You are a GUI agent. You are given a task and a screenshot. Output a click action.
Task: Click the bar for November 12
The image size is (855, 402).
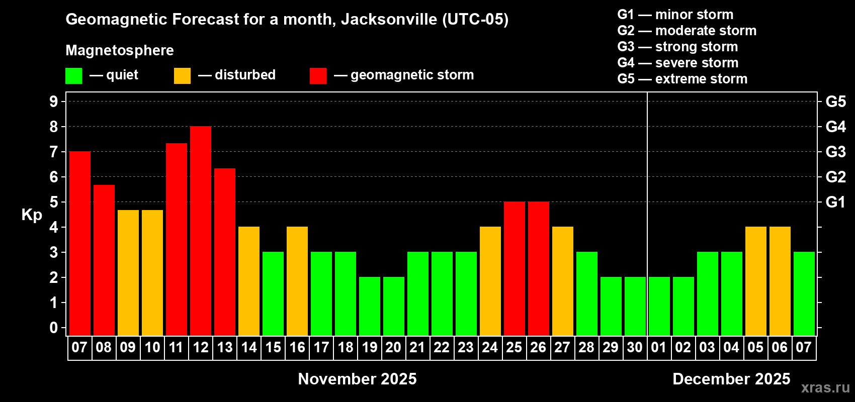[201, 231]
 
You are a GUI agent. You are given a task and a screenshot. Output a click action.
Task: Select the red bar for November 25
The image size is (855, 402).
[515, 269]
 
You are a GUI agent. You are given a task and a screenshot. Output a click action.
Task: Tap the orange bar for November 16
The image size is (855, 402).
[297, 281]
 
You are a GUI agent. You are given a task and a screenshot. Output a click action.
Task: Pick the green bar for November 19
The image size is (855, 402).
[370, 307]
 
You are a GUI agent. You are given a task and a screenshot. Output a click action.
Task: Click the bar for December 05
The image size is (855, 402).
[756, 281]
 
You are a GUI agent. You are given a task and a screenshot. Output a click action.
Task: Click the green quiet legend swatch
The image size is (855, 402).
[74, 76]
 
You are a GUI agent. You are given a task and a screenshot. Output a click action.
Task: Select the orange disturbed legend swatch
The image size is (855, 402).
[183, 76]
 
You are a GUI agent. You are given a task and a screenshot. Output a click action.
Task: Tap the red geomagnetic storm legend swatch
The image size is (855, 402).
[318, 76]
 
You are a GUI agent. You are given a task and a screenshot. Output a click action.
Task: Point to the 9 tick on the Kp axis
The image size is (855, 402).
[54, 102]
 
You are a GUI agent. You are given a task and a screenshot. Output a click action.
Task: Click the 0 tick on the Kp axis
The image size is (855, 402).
[54, 328]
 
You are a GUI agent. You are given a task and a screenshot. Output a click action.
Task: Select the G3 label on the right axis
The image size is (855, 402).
[835, 152]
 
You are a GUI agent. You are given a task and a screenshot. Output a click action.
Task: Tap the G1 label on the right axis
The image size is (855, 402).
[835, 202]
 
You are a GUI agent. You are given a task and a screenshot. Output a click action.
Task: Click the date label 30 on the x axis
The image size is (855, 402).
[635, 347]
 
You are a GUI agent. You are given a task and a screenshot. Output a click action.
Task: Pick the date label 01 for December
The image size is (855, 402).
[659, 347]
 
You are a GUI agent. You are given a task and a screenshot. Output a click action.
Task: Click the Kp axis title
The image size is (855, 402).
[32, 215]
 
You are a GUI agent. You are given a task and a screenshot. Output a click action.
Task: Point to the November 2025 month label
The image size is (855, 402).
[357, 379]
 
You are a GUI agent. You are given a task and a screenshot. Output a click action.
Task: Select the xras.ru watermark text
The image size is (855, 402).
[825, 387]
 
